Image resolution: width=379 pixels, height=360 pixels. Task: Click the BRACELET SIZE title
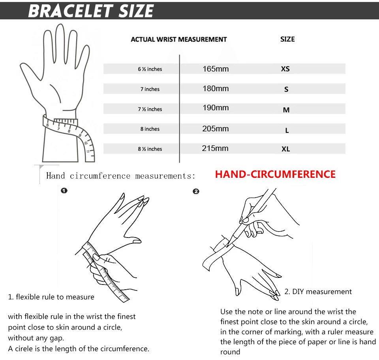tap(91, 11)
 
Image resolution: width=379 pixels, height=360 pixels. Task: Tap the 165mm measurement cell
tap(216, 69)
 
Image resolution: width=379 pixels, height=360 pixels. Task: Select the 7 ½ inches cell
tap(150, 109)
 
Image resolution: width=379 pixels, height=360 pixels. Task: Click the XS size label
tap(285, 69)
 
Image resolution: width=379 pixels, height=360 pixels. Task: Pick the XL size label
tap(286, 149)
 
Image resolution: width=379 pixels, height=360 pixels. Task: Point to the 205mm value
tap(216, 128)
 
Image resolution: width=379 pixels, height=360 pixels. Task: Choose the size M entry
tap(286, 110)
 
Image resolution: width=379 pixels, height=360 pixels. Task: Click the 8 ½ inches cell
tap(150, 149)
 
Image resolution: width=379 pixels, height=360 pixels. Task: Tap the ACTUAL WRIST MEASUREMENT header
tap(179, 40)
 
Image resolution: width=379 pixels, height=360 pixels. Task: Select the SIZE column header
tap(287, 39)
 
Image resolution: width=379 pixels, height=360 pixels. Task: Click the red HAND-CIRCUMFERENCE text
tap(275, 175)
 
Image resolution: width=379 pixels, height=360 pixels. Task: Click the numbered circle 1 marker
tap(64, 190)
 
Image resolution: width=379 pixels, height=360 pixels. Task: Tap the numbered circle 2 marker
tap(196, 191)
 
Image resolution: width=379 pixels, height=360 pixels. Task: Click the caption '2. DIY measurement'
tap(318, 292)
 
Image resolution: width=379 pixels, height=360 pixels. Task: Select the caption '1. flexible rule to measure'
tap(51, 297)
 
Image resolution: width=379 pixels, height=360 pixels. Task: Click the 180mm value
tap(216, 89)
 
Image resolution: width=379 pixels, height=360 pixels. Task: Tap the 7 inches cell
tap(150, 89)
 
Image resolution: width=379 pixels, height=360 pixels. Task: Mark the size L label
tap(287, 130)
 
